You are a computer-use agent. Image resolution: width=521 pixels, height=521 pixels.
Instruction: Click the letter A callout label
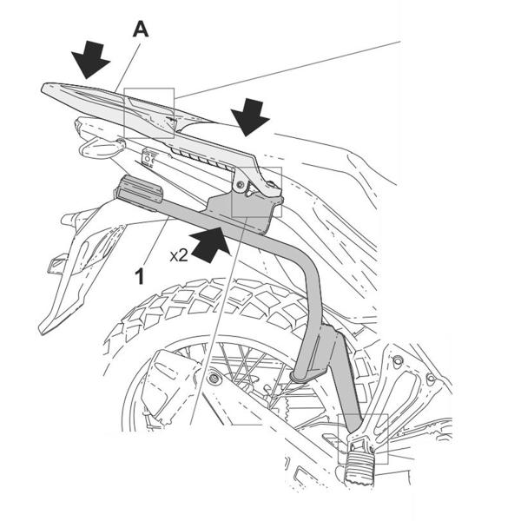coord(141,30)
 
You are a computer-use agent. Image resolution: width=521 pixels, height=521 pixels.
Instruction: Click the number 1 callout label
coord(140,276)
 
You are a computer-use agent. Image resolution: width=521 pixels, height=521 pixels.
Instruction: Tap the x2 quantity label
coord(179,255)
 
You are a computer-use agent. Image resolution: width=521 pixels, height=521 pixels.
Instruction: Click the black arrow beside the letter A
coord(90,59)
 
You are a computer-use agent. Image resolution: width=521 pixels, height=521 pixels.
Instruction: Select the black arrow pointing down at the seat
coord(250,117)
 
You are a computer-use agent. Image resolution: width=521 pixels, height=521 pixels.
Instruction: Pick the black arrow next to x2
coord(209,244)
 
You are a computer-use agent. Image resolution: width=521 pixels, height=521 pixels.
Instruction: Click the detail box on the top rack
coord(148,113)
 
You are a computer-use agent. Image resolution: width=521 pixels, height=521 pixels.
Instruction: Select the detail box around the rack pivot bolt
coord(256,192)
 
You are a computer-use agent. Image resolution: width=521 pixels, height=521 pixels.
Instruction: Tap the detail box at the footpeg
coord(363,439)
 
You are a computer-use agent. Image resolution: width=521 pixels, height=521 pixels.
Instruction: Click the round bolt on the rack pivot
coord(239,184)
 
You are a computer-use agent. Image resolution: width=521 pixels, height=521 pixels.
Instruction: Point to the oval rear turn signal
coord(101,148)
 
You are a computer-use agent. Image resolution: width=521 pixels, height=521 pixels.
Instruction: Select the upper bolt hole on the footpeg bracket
coord(397,359)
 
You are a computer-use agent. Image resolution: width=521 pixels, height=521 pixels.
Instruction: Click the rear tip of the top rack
coord(44,88)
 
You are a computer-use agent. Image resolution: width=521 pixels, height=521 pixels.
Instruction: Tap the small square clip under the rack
coord(148,157)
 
